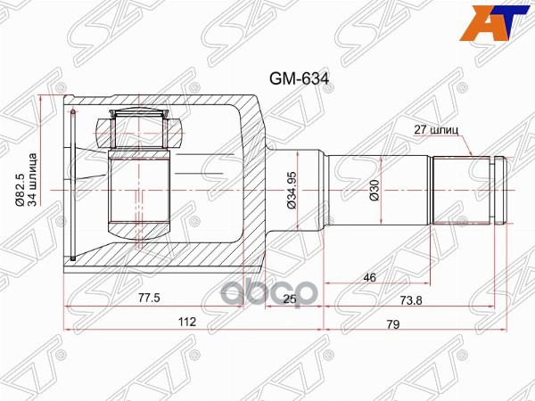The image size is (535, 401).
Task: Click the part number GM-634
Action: (300, 78)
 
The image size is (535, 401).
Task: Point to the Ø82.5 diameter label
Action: (20, 188)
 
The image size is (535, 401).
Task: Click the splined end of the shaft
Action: (462, 190)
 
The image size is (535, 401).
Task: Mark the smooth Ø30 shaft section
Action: (379, 190)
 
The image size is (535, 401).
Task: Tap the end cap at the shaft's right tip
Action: (502, 190)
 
